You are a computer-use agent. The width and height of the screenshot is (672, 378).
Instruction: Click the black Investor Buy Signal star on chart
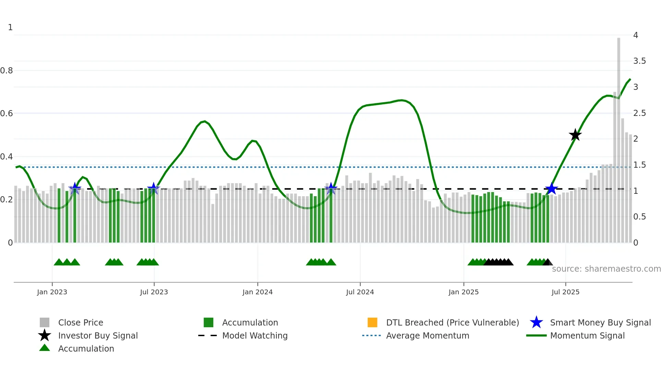coord(575,135)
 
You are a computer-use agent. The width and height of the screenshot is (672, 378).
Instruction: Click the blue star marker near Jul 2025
coord(551,189)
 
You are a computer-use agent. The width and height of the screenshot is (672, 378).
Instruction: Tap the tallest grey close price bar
coord(619,137)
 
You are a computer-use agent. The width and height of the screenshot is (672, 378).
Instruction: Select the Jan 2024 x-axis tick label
coord(257,292)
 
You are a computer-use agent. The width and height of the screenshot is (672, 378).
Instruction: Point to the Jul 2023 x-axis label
coord(154,292)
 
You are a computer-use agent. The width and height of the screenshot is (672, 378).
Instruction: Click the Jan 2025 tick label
coord(464,292)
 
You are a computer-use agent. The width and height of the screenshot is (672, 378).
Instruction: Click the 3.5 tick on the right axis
coord(639,61)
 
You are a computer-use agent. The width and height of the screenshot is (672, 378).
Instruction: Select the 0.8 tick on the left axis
coord(7,71)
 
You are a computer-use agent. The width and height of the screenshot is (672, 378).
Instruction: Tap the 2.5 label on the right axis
coord(639,113)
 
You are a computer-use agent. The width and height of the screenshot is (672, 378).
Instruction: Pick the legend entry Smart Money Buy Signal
coord(600,322)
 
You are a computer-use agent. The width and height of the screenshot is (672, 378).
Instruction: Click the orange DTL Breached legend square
coord(372,322)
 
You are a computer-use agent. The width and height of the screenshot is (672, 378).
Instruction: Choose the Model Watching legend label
coord(255,335)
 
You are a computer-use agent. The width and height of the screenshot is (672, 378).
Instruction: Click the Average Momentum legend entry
coord(427,335)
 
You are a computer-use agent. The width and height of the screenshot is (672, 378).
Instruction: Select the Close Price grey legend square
coord(45,322)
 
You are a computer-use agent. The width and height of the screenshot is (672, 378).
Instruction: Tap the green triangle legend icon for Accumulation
coord(45,348)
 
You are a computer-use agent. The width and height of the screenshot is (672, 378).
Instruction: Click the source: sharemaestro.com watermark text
coord(606,269)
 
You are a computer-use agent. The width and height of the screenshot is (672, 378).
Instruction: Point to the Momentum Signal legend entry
coord(587,335)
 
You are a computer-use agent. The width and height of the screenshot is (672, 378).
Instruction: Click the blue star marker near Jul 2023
coord(153,188)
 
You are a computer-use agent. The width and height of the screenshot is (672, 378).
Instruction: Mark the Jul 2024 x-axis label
coord(360,292)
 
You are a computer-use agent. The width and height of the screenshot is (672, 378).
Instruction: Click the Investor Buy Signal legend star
coord(45,335)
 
